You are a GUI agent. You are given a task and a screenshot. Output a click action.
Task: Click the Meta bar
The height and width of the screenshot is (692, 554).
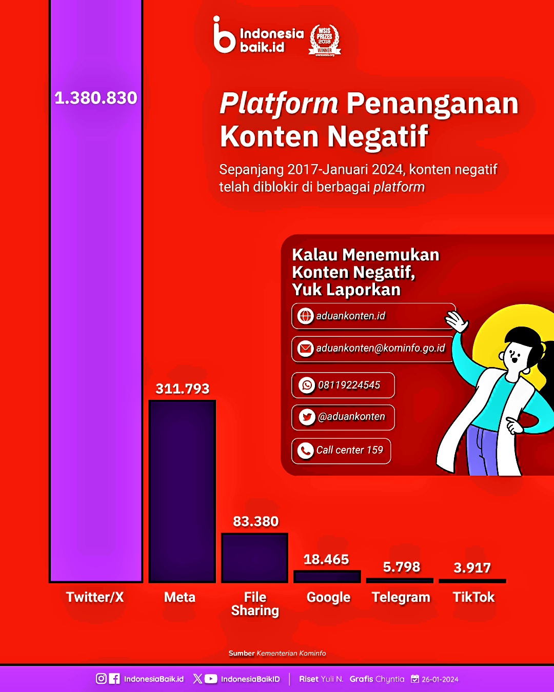[182, 492]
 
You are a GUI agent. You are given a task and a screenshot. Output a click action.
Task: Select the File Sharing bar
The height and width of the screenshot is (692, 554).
[254, 558]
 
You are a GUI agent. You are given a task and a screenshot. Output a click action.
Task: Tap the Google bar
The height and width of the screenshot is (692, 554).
[327, 577]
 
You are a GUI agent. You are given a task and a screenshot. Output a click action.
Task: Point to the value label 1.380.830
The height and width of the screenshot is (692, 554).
[96, 98]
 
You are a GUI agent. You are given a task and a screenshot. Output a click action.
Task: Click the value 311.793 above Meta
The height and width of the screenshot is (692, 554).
[183, 389]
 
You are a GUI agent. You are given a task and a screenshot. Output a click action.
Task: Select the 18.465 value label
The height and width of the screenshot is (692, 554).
[326, 559]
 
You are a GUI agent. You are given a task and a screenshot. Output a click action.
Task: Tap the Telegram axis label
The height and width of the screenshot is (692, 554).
[401, 597]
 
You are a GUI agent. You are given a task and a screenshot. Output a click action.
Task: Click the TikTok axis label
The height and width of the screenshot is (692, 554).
[473, 597]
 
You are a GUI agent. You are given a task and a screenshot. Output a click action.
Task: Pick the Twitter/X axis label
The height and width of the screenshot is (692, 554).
[95, 597]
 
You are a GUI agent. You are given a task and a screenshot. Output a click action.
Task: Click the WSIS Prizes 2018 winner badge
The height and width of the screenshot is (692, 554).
[325, 40]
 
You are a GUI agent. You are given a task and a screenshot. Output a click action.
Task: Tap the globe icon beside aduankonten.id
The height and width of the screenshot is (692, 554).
[305, 316]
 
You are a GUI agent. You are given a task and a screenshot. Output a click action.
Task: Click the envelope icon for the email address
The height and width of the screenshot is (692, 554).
[305, 348]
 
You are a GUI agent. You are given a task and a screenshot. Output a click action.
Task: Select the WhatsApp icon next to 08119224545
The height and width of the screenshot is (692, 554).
[307, 385]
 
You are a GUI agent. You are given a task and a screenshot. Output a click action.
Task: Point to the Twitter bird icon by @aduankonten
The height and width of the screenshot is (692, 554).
[307, 417]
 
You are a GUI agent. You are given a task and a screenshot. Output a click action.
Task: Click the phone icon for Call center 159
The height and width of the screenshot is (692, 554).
[305, 451]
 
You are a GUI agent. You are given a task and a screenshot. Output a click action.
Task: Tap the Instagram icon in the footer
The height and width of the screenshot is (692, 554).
[101, 679]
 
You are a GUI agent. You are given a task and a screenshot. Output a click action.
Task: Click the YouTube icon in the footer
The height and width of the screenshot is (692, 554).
[210, 679]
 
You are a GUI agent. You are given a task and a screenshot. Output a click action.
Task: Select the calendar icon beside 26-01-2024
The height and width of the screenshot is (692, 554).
[415, 679]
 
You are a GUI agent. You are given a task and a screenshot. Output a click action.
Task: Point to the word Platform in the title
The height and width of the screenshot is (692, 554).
[279, 104]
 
